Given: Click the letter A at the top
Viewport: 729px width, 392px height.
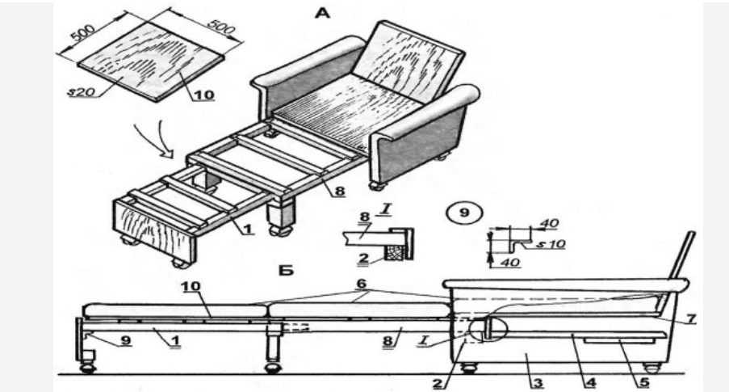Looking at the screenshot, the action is tap(322, 13).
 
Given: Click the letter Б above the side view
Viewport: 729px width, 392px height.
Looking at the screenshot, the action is tap(287, 270).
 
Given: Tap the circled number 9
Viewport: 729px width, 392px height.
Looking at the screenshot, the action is tap(464, 213).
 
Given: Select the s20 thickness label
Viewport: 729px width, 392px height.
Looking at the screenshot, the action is tap(81, 92).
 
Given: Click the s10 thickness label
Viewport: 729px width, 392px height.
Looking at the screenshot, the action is tap(550, 244).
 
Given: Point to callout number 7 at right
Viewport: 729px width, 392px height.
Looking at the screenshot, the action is tap(691, 318).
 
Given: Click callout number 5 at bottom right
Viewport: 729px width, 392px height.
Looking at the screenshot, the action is tap(643, 382).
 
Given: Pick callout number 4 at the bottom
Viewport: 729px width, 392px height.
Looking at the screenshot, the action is tap(590, 382).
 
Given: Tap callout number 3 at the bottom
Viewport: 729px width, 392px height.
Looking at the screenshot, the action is tap(537, 383).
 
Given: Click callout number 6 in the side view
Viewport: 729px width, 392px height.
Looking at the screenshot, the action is tap(361, 283).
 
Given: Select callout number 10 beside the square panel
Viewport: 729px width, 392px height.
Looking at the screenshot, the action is tap(203, 95).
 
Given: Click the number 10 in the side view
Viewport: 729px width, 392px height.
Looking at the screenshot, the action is tap(191, 286).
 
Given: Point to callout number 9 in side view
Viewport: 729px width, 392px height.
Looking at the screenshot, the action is tap(125, 340).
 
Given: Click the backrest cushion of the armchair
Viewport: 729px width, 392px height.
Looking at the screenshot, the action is tap(408, 61).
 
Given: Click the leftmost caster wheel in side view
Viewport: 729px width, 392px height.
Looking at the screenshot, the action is tap(87, 369).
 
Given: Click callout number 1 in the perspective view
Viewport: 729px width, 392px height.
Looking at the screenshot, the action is tap(247, 229).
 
